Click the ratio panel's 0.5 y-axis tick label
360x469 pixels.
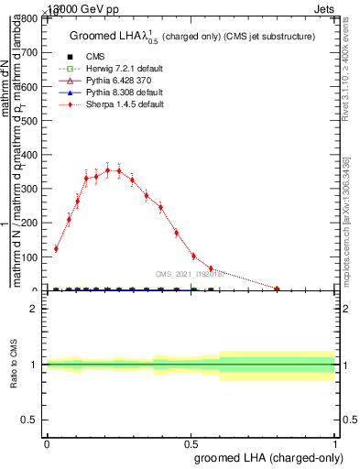tap(32, 420)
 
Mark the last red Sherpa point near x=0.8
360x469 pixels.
tap(278, 289)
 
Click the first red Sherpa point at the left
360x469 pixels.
tap(56, 248)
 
